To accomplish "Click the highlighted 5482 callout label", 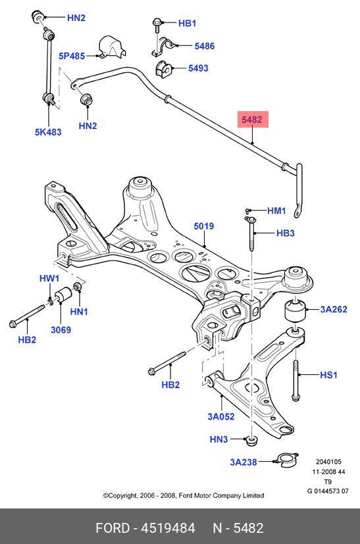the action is pyautogui.click(x=251, y=120).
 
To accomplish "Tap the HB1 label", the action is pyautogui.click(x=187, y=23).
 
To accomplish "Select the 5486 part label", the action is pyautogui.click(x=204, y=46).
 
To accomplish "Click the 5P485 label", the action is pyautogui.click(x=72, y=56).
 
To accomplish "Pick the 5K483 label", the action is pyautogui.click(x=48, y=132).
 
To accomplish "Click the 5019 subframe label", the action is pyautogui.click(x=204, y=226).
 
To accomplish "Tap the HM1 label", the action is pyautogui.click(x=276, y=210).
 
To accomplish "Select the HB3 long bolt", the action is pyautogui.click(x=251, y=234).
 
